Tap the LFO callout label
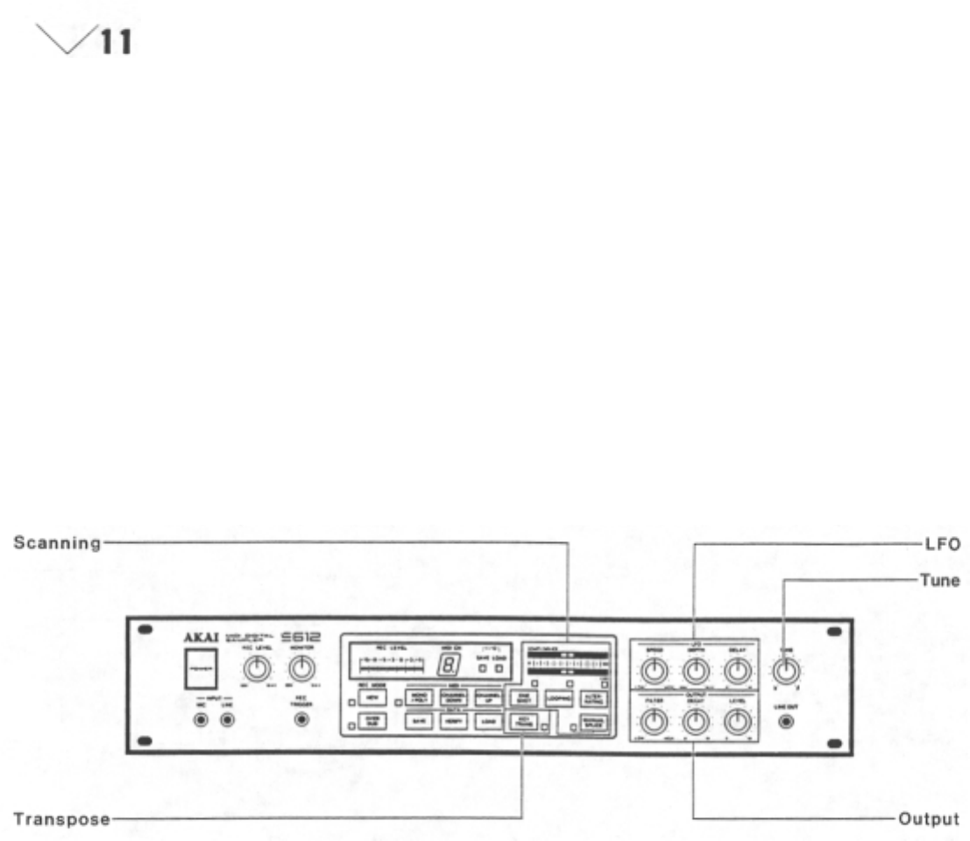[x=945, y=543]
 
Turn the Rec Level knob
[x=255, y=669]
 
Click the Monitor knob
[x=301, y=669]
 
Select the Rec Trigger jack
[x=301, y=720]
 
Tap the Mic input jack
[x=202, y=720]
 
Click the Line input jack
[x=228, y=720]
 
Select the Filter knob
[x=651, y=721]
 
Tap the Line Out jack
[x=785, y=721]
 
